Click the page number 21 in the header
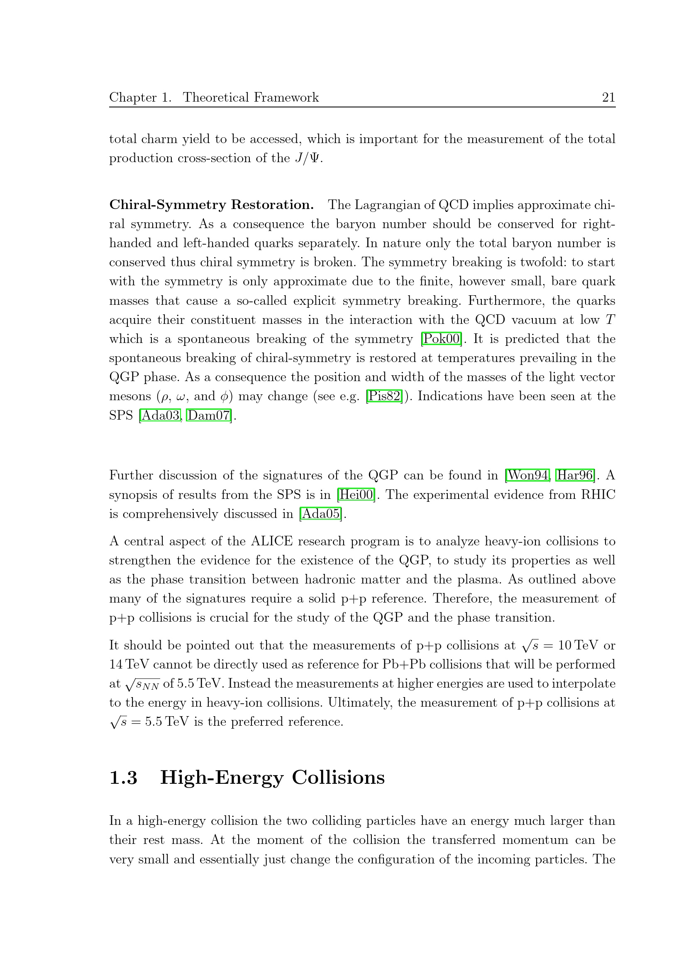(608, 97)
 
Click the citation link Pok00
(441, 339)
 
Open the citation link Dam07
(209, 415)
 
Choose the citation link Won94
(528, 475)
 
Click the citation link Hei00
(356, 495)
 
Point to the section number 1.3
(123, 778)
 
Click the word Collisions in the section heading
(338, 778)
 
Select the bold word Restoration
(272, 205)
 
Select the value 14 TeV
(129, 664)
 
